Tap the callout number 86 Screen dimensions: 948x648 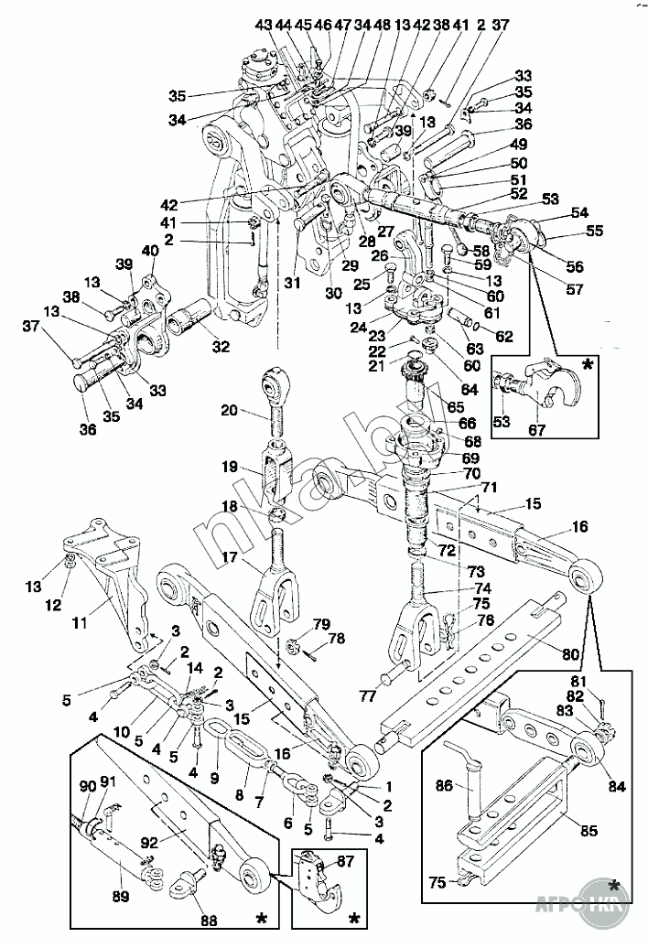pyautogui.click(x=443, y=784)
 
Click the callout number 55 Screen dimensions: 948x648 pyautogui.click(x=595, y=232)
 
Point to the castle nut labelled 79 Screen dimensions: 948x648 pyautogui.click(x=291, y=643)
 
